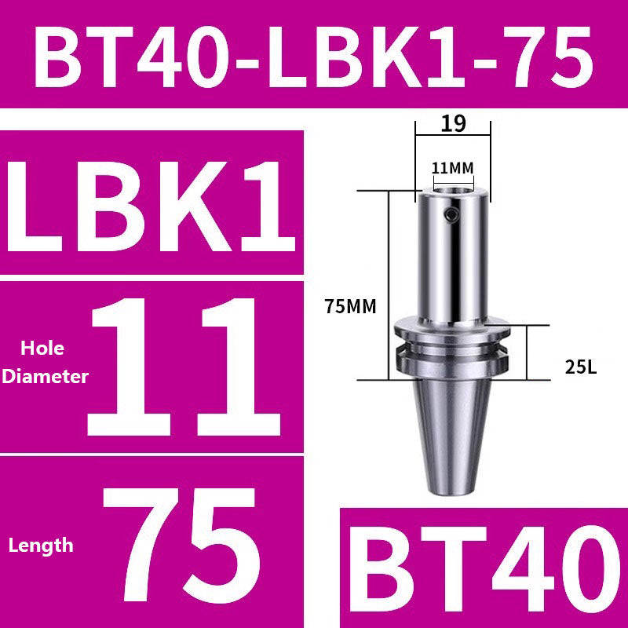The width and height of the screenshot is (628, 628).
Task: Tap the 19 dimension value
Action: [x=454, y=123]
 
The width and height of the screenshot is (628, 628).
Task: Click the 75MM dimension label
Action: [x=349, y=308]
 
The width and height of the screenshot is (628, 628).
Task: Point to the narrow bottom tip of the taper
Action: [x=453, y=488]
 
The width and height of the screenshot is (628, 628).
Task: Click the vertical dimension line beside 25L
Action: [x=528, y=353]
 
